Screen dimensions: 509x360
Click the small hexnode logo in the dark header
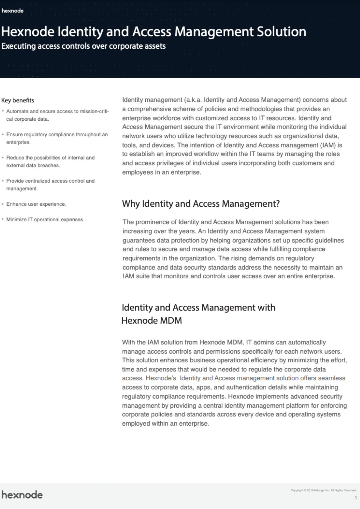coord(12,11)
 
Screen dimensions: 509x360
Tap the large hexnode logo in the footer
coord(22,495)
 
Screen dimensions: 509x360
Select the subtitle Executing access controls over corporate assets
coord(84,46)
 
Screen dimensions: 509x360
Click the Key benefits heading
coord(18,100)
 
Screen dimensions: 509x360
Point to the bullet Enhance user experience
coord(36,204)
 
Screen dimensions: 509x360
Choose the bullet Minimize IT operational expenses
coord(45,220)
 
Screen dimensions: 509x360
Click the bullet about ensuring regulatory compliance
coord(57,138)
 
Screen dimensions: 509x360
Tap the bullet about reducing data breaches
coord(50,161)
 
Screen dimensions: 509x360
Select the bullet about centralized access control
coord(50,185)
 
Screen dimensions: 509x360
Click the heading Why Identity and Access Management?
coord(201,204)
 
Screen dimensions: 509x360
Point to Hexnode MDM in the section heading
coord(152,320)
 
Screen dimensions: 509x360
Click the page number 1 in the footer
coord(356,498)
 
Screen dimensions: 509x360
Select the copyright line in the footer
coord(323,490)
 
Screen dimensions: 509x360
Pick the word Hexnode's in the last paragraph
coord(161,378)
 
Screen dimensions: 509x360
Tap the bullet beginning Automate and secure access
coord(57,115)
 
